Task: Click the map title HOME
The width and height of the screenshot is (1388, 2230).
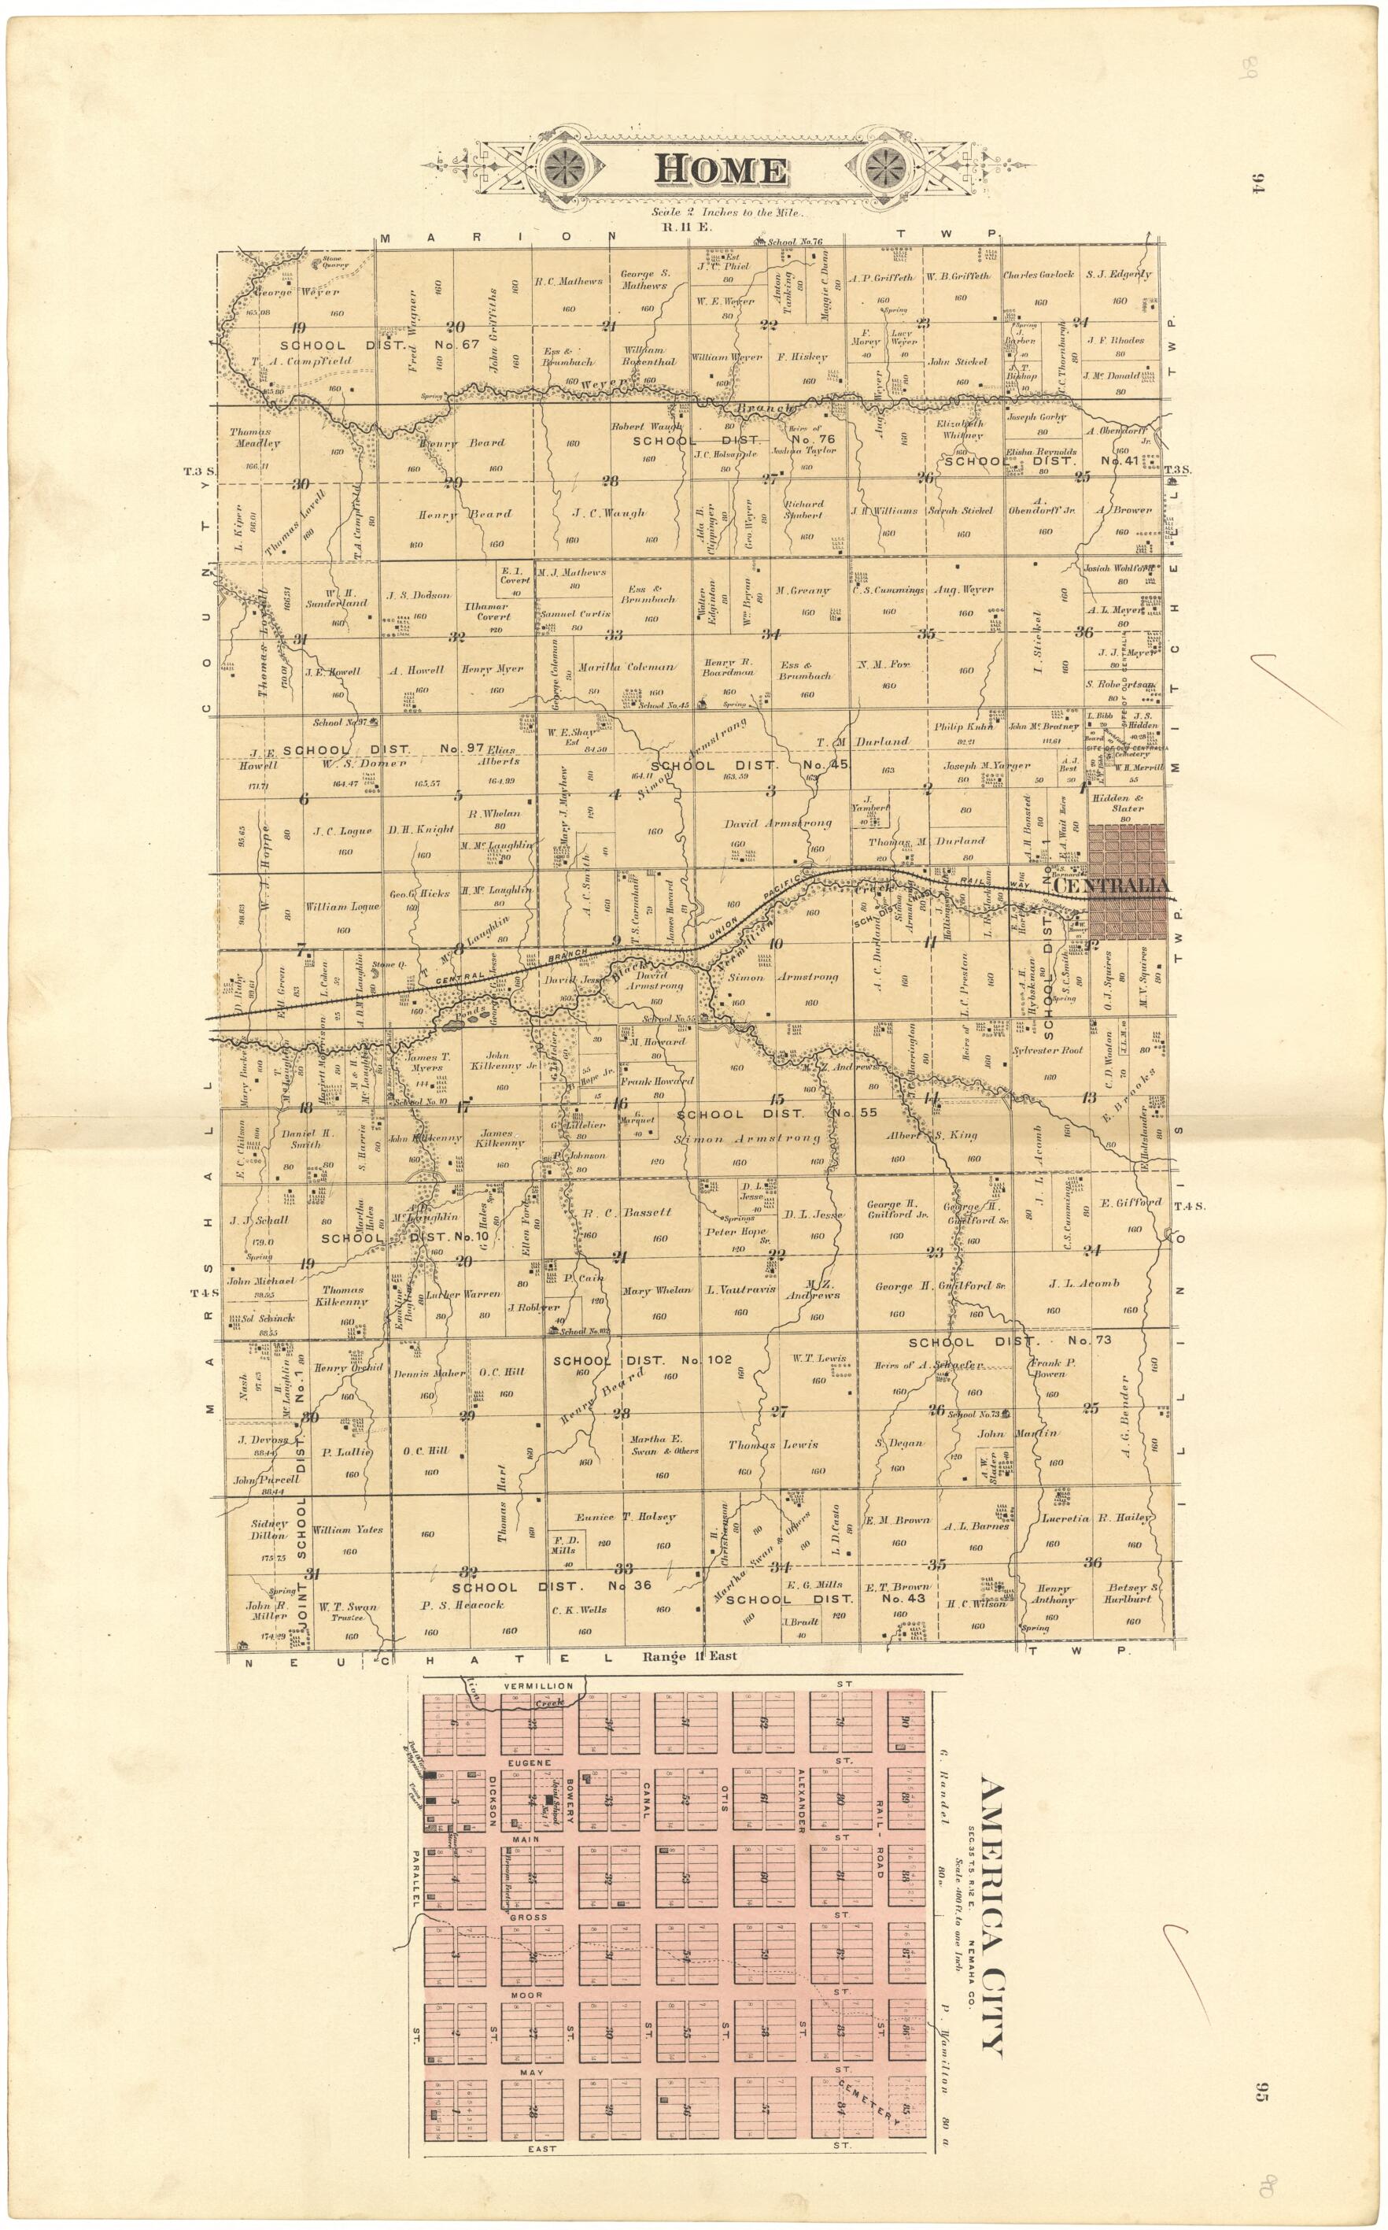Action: click(721, 171)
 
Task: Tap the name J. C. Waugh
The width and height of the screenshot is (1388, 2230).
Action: click(609, 513)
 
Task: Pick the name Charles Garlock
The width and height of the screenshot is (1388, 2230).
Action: click(1039, 275)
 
